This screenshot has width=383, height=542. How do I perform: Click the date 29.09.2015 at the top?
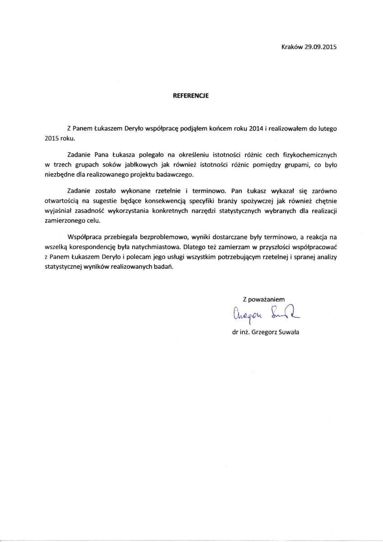pyautogui.click(x=321, y=47)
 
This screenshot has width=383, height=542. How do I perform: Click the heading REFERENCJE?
pyautogui.click(x=191, y=96)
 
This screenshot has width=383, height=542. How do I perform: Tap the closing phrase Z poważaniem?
pyautogui.click(x=264, y=299)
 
